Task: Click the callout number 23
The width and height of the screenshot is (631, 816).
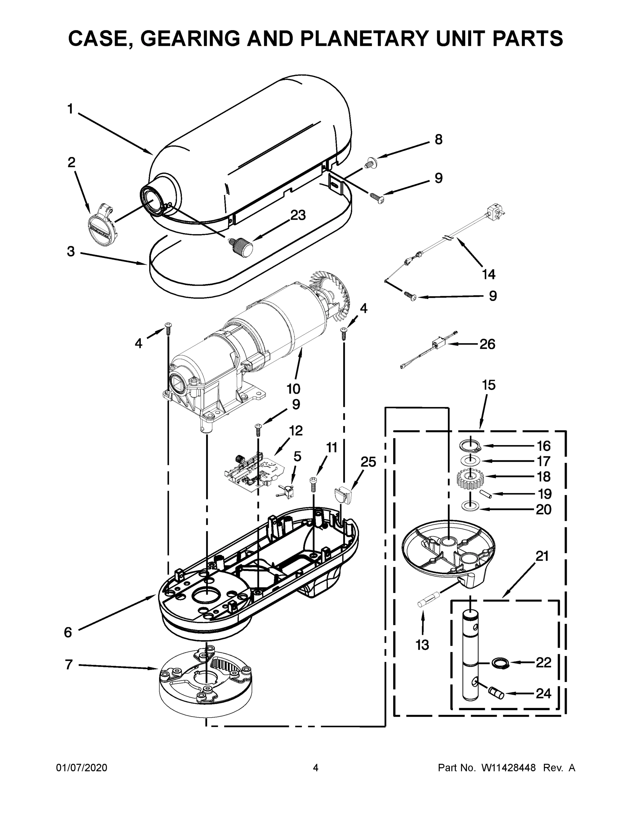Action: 298,215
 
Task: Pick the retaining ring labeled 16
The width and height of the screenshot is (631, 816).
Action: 470,446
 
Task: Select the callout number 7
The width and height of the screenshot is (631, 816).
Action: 69,665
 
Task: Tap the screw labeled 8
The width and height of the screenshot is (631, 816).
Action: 371,163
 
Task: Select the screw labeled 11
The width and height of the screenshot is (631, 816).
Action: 314,485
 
